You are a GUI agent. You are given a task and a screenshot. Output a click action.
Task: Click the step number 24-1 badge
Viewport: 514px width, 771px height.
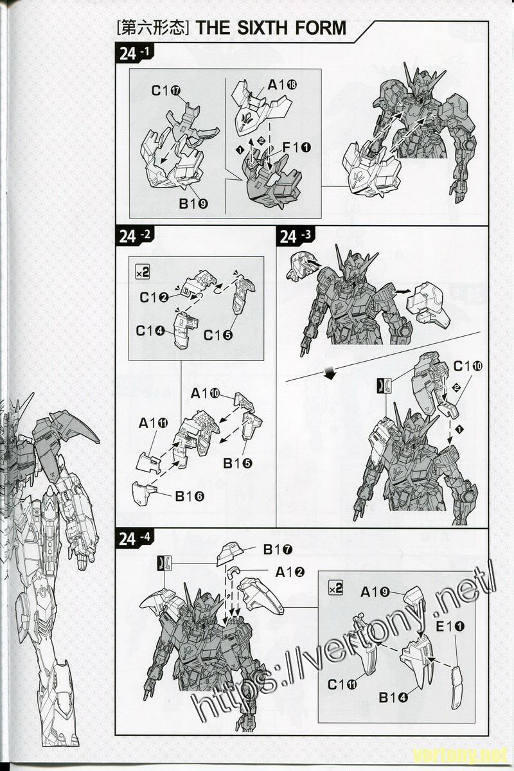pos(134,53)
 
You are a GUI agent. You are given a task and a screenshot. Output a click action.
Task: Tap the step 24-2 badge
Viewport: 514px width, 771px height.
pos(134,236)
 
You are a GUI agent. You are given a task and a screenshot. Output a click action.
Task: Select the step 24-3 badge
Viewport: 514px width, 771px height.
pos(295,236)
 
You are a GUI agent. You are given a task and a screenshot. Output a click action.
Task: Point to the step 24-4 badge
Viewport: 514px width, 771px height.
pos(135,538)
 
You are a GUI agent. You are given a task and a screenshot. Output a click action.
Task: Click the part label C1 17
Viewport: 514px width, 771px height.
pos(166,91)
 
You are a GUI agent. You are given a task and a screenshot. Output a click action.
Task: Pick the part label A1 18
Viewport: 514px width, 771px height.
pos(282,85)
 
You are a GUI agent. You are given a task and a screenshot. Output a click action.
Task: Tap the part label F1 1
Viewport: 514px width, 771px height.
pos(297,148)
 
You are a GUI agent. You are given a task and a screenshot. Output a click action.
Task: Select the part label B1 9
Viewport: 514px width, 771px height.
pos(193,204)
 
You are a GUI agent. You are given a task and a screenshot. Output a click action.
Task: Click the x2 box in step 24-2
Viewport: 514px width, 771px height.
pos(142,273)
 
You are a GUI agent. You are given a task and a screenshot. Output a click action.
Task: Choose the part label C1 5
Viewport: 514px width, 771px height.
pos(218,335)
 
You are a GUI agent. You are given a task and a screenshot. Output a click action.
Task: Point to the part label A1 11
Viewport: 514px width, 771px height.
pos(153,423)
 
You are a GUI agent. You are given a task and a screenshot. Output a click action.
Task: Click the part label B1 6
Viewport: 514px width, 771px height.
pos(190,496)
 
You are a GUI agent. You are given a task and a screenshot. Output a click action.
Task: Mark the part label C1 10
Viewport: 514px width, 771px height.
pos(468,367)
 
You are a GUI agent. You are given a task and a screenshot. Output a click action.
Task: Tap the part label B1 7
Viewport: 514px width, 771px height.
pos(278,550)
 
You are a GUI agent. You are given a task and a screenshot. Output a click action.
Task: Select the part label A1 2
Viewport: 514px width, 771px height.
pos(290,572)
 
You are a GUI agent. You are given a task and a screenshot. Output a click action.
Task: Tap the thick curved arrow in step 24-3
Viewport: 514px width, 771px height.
pos(330,373)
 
